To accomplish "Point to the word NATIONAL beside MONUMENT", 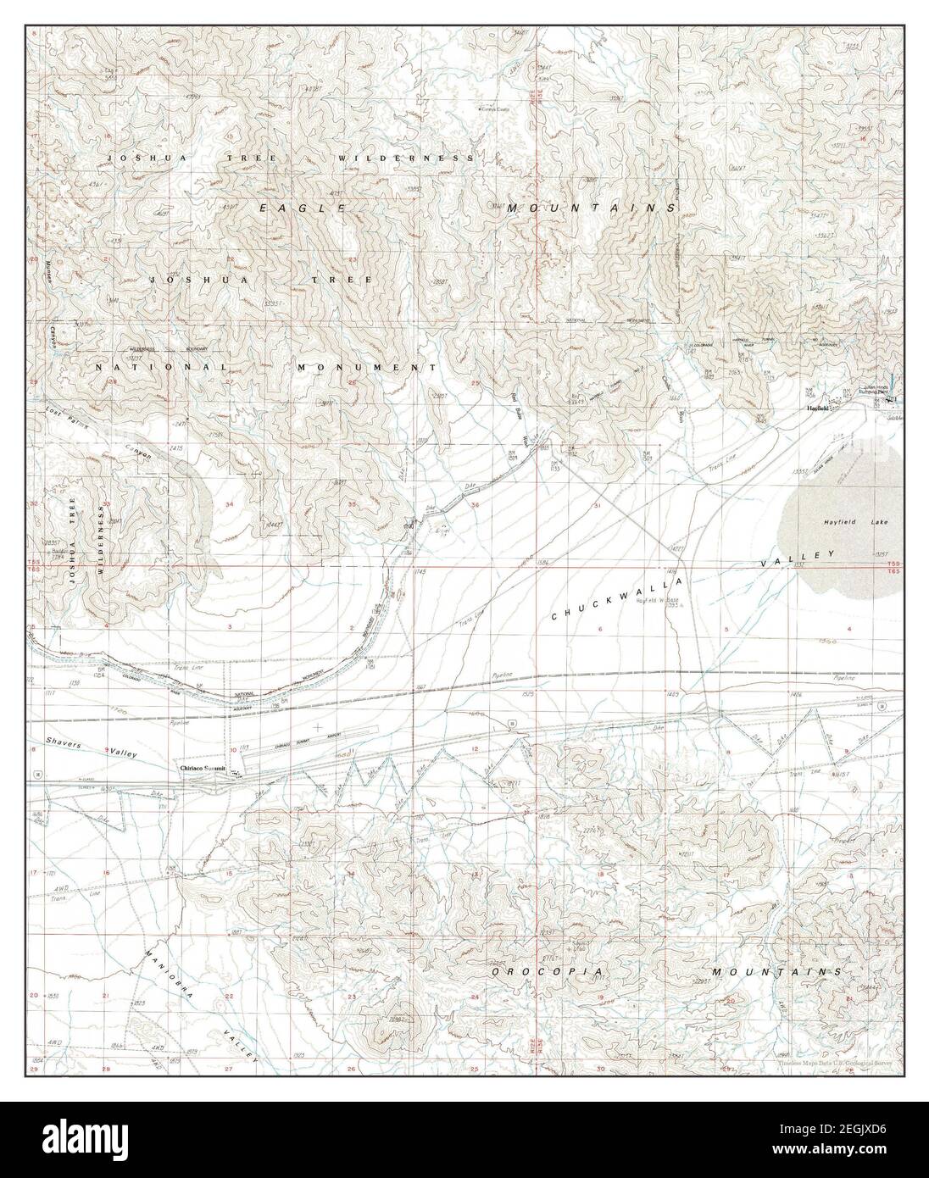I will (161, 368).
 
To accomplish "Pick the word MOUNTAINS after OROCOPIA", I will (776, 972).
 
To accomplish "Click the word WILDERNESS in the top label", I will (404, 158).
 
